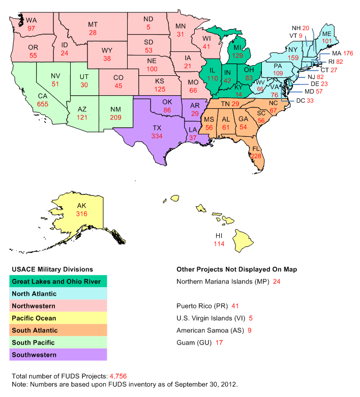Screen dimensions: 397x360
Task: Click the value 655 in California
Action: (43, 103)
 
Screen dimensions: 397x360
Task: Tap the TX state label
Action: (157, 127)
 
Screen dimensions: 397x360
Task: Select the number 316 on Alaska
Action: (82, 213)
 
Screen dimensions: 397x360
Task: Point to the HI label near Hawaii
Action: (219, 236)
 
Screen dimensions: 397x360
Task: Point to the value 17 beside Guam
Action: (219, 343)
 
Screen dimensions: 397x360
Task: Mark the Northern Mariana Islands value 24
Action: (277, 281)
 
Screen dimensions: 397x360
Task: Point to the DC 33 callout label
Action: (305, 100)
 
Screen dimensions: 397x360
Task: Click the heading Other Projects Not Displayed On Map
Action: (236, 268)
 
